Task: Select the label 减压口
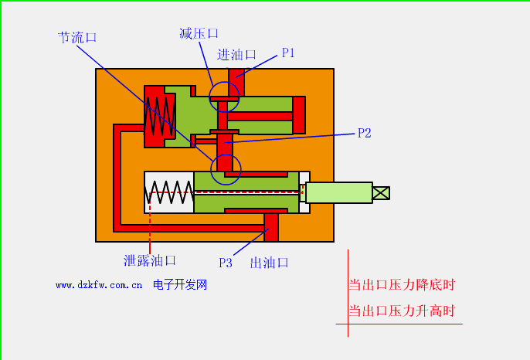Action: (x=199, y=33)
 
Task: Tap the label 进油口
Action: (x=236, y=55)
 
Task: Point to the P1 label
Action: (x=288, y=53)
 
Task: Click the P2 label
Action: (x=365, y=133)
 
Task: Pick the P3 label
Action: (x=225, y=263)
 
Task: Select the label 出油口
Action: (x=269, y=263)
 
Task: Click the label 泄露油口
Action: (x=150, y=260)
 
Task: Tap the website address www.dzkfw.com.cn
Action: (x=99, y=285)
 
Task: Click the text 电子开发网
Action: (x=180, y=285)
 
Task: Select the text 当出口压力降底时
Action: (x=402, y=284)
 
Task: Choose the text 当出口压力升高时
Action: (x=402, y=311)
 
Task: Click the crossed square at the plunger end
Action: (x=381, y=192)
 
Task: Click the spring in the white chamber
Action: (x=169, y=192)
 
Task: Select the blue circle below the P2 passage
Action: (x=226, y=168)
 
